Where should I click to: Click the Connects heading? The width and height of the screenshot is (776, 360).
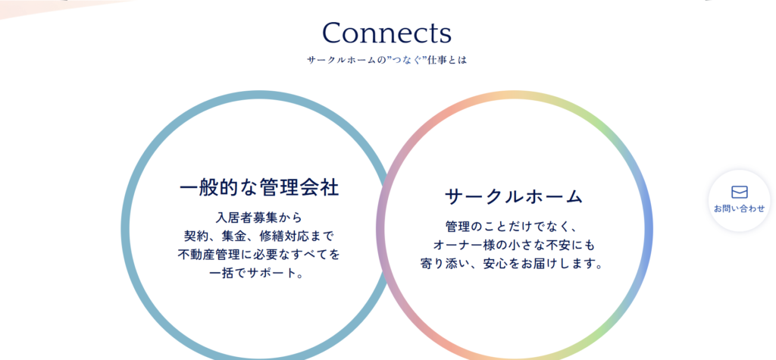coord(386,33)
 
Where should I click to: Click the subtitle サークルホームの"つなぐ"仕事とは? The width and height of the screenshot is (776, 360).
coord(386,60)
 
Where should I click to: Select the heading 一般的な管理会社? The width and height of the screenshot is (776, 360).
coord(259,188)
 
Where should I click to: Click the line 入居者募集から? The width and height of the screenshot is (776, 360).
coord(259,218)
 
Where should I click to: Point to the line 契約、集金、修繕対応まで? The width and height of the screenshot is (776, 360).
coord(259,236)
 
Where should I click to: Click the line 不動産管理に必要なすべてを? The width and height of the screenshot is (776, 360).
coord(259,255)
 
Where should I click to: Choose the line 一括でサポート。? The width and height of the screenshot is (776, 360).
coord(259,274)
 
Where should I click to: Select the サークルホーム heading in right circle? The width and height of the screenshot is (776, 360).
coord(514,196)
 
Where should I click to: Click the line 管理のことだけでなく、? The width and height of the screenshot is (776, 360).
coord(514,227)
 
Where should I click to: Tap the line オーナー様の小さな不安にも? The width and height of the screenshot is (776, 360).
coord(514,246)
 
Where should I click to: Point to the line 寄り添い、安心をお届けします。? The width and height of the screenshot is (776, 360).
coord(514,265)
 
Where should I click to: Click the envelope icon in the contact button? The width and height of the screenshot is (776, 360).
coord(739,193)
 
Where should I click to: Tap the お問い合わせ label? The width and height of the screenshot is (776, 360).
coord(739,208)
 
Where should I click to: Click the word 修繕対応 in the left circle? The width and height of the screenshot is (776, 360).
coord(280,236)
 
